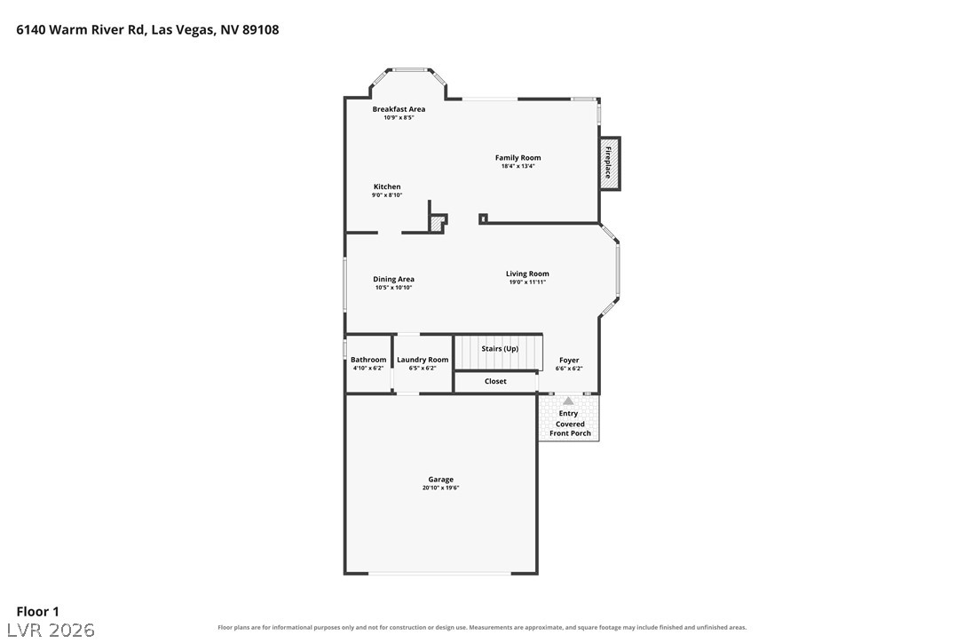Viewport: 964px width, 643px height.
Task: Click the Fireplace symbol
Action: (x=609, y=163)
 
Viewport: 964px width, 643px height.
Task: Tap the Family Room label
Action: (x=518, y=157)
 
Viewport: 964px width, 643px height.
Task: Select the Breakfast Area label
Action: (x=399, y=109)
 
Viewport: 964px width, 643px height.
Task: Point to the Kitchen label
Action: (x=387, y=187)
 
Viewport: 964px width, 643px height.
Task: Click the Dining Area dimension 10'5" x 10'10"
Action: (x=393, y=288)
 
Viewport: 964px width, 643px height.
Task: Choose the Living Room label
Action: (x=527, y=274)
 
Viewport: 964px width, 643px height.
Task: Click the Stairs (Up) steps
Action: (x=499, y=352)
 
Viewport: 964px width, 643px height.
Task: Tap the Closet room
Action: (x=495, y=382)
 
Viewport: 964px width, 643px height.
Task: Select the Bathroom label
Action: (x=368, y=360)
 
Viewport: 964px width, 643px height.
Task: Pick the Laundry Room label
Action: (x=423, y=360)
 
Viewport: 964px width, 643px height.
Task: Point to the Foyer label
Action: (x=569, y=360)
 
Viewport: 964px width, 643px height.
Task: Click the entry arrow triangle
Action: (x=569, y=401)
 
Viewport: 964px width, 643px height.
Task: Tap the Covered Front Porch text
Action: (x=570, y=428)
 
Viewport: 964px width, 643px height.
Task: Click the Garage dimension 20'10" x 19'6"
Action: (x=441, y=488)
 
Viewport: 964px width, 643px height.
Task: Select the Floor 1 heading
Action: (x=37, y=612)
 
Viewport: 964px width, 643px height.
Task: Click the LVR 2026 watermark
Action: (x=51, y=630)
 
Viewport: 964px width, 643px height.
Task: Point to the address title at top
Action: (x=147, y=29)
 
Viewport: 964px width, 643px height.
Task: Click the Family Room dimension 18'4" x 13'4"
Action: (x=518, y=166)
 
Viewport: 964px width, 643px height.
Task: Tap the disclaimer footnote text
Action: (x=482, y=628)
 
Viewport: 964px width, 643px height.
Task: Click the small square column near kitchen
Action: (x=483, y=218)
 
